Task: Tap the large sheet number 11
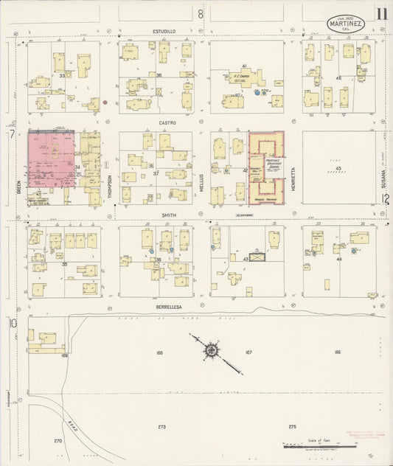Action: pos(380,13)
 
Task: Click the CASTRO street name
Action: pos(164,123)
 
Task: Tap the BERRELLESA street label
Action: pos(167,305)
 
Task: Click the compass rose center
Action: pos(212,349)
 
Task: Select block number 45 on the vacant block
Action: pos(338,169)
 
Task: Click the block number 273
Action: pos(161,427)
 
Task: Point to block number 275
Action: pos(293,427)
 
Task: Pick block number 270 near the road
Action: pos(58,441)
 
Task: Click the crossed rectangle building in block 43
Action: pos(257,258)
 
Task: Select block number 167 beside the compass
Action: pos(248,352)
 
